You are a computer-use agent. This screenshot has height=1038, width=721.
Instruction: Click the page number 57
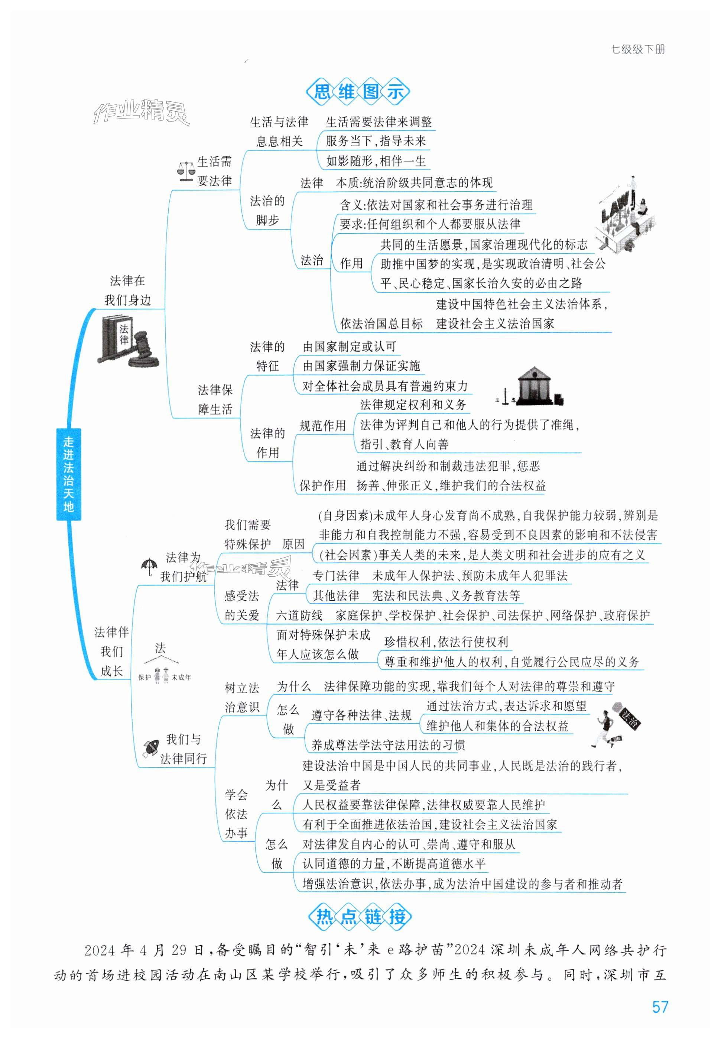pyautogui.click(x=660, y=1007)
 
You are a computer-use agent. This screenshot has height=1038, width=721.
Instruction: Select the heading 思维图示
pyautogui.click(x=358, y=92)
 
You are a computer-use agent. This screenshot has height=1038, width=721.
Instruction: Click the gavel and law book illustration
pyautogui.click(x=127, y=341)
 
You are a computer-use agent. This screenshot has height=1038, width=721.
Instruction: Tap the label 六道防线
pyautogui.click(x=299, y=615)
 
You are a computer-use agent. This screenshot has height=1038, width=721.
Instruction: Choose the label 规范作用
pyautogui.click(x=322, y=425)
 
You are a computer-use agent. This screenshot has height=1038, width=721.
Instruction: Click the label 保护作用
pyautogui.click(x=322, y=486)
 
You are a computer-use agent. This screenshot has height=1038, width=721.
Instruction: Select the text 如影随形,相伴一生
pyautogui.click(x=376, y=161)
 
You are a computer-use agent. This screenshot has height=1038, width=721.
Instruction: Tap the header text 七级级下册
pyautogui.click(x=638, y=49)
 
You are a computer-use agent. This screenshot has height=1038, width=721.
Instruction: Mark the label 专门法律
pyautogui.click(x=336, y=575)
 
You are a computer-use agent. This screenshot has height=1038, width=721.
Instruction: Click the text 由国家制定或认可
pyautogui.click(x=349, y=347)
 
